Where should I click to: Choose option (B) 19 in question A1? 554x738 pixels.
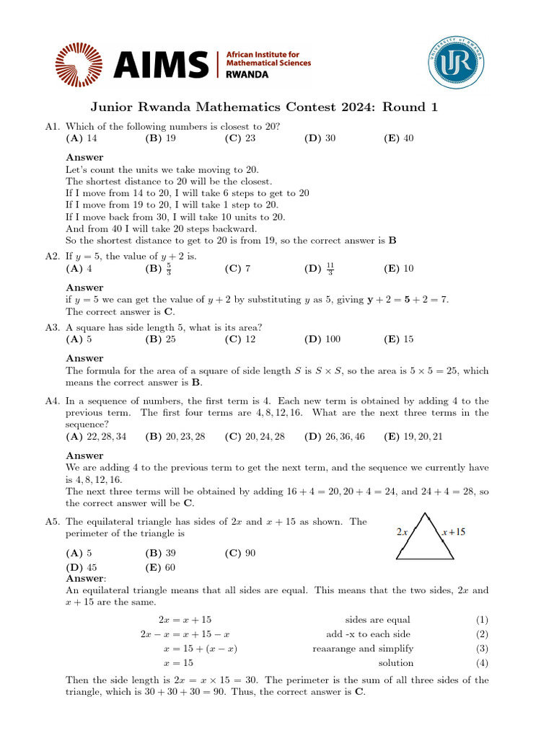[161, 138]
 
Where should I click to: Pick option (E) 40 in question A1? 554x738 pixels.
[399, 138]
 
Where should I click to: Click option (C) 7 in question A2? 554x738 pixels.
[237, 269]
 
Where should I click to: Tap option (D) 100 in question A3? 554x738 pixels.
[322, 339]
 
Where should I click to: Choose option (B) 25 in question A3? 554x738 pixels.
[161, 339]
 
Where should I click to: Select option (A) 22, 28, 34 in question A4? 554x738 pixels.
[96, 436]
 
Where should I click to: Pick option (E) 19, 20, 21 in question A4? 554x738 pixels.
[418, 436]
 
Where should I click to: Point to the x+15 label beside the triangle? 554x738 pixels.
[454, 533]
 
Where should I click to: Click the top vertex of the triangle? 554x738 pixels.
[427, 514]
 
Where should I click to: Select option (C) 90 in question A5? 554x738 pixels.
[240, 553]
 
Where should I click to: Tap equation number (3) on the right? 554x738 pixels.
[482, 649]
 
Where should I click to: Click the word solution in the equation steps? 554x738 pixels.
[396, 663]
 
